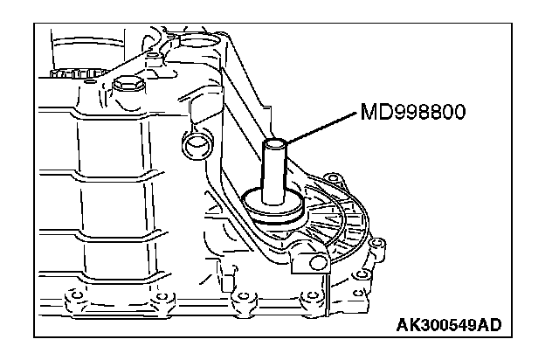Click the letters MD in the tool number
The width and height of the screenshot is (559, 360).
click(370, 114)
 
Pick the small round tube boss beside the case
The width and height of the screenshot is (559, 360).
click(199, 140)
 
